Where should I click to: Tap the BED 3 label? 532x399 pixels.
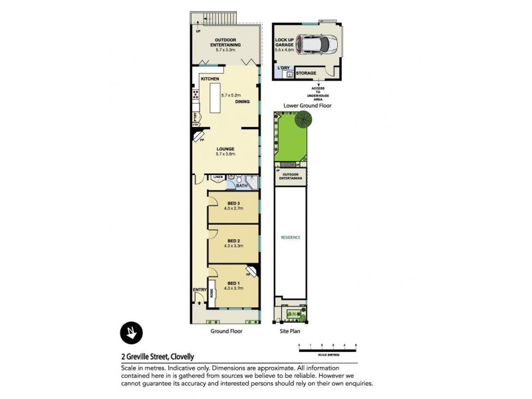click(x=233, y=203)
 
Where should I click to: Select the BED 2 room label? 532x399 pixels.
click(x=233, y=241)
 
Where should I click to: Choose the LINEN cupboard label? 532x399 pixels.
click(x=217, y=177)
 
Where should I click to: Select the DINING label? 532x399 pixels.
click(x=242, y=102)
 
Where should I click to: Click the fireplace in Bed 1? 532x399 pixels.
click(x=250, y=272)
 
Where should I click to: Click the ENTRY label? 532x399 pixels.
click(x=199, y=289)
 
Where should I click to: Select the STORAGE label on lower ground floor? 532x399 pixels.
click(x=306, y=73)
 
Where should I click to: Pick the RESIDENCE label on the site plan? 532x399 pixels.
click(x=291, y=237)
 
